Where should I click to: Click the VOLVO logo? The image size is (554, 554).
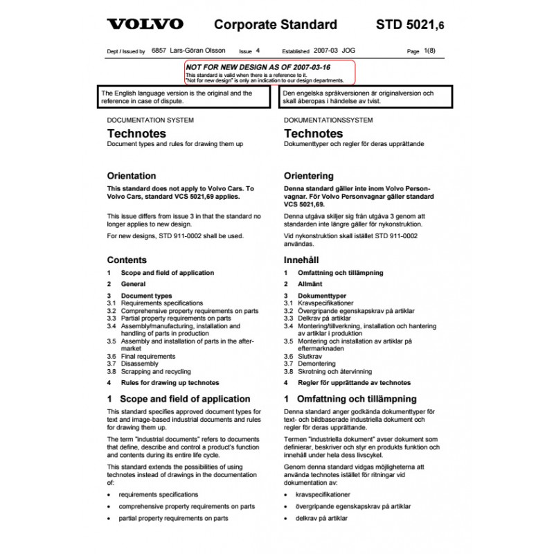145,25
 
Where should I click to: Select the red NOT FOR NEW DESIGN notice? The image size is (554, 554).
269,72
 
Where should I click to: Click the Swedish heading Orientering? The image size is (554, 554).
308,176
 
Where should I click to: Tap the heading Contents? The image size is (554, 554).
127,260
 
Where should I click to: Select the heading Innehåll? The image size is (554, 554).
305,260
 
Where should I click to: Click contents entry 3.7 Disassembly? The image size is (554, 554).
139,364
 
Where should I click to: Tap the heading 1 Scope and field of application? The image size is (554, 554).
179,399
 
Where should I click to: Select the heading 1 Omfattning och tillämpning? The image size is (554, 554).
350,399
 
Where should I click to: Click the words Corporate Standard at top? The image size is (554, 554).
275,26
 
